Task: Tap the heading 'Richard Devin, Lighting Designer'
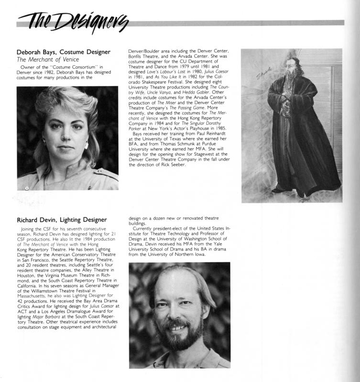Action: click(65, 221)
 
